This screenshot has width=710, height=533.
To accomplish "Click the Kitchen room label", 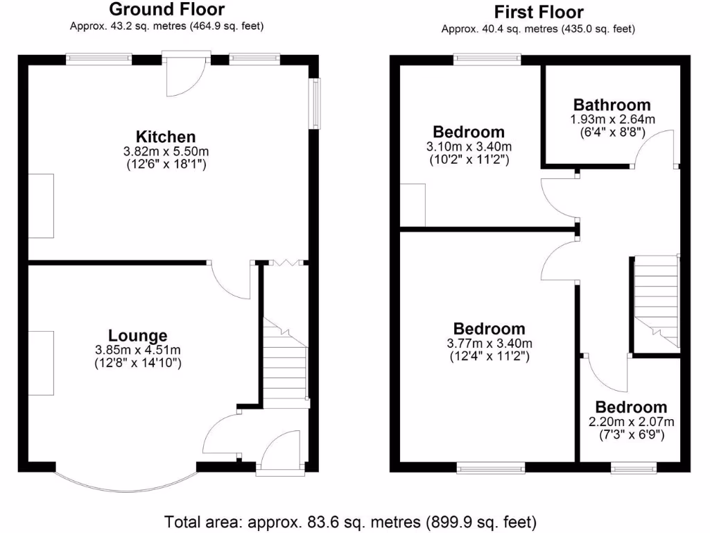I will (166, 137).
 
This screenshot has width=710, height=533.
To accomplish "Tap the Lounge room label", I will (137, 336).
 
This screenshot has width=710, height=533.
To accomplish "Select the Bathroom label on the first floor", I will (612, 105).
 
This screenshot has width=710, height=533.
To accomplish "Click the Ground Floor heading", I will (166, 10).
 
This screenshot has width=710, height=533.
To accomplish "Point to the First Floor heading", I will (538, 12).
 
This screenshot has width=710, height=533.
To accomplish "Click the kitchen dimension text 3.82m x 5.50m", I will (166, 151).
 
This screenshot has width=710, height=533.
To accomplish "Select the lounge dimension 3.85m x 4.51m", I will (137, 350).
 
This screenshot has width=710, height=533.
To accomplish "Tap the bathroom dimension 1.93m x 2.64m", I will (612, 119).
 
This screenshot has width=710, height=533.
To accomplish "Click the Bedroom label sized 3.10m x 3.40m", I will (468, 132).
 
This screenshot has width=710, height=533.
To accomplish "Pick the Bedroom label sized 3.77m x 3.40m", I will (489, 329).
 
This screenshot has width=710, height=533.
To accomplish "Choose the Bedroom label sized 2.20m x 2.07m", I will (630, 407).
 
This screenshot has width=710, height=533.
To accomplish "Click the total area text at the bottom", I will (350, 521).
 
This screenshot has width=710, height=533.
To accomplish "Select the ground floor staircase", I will (284, 361).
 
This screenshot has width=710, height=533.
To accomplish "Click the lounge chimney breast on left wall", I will (41, 363).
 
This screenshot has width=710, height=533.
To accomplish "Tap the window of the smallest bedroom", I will (634, 469).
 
